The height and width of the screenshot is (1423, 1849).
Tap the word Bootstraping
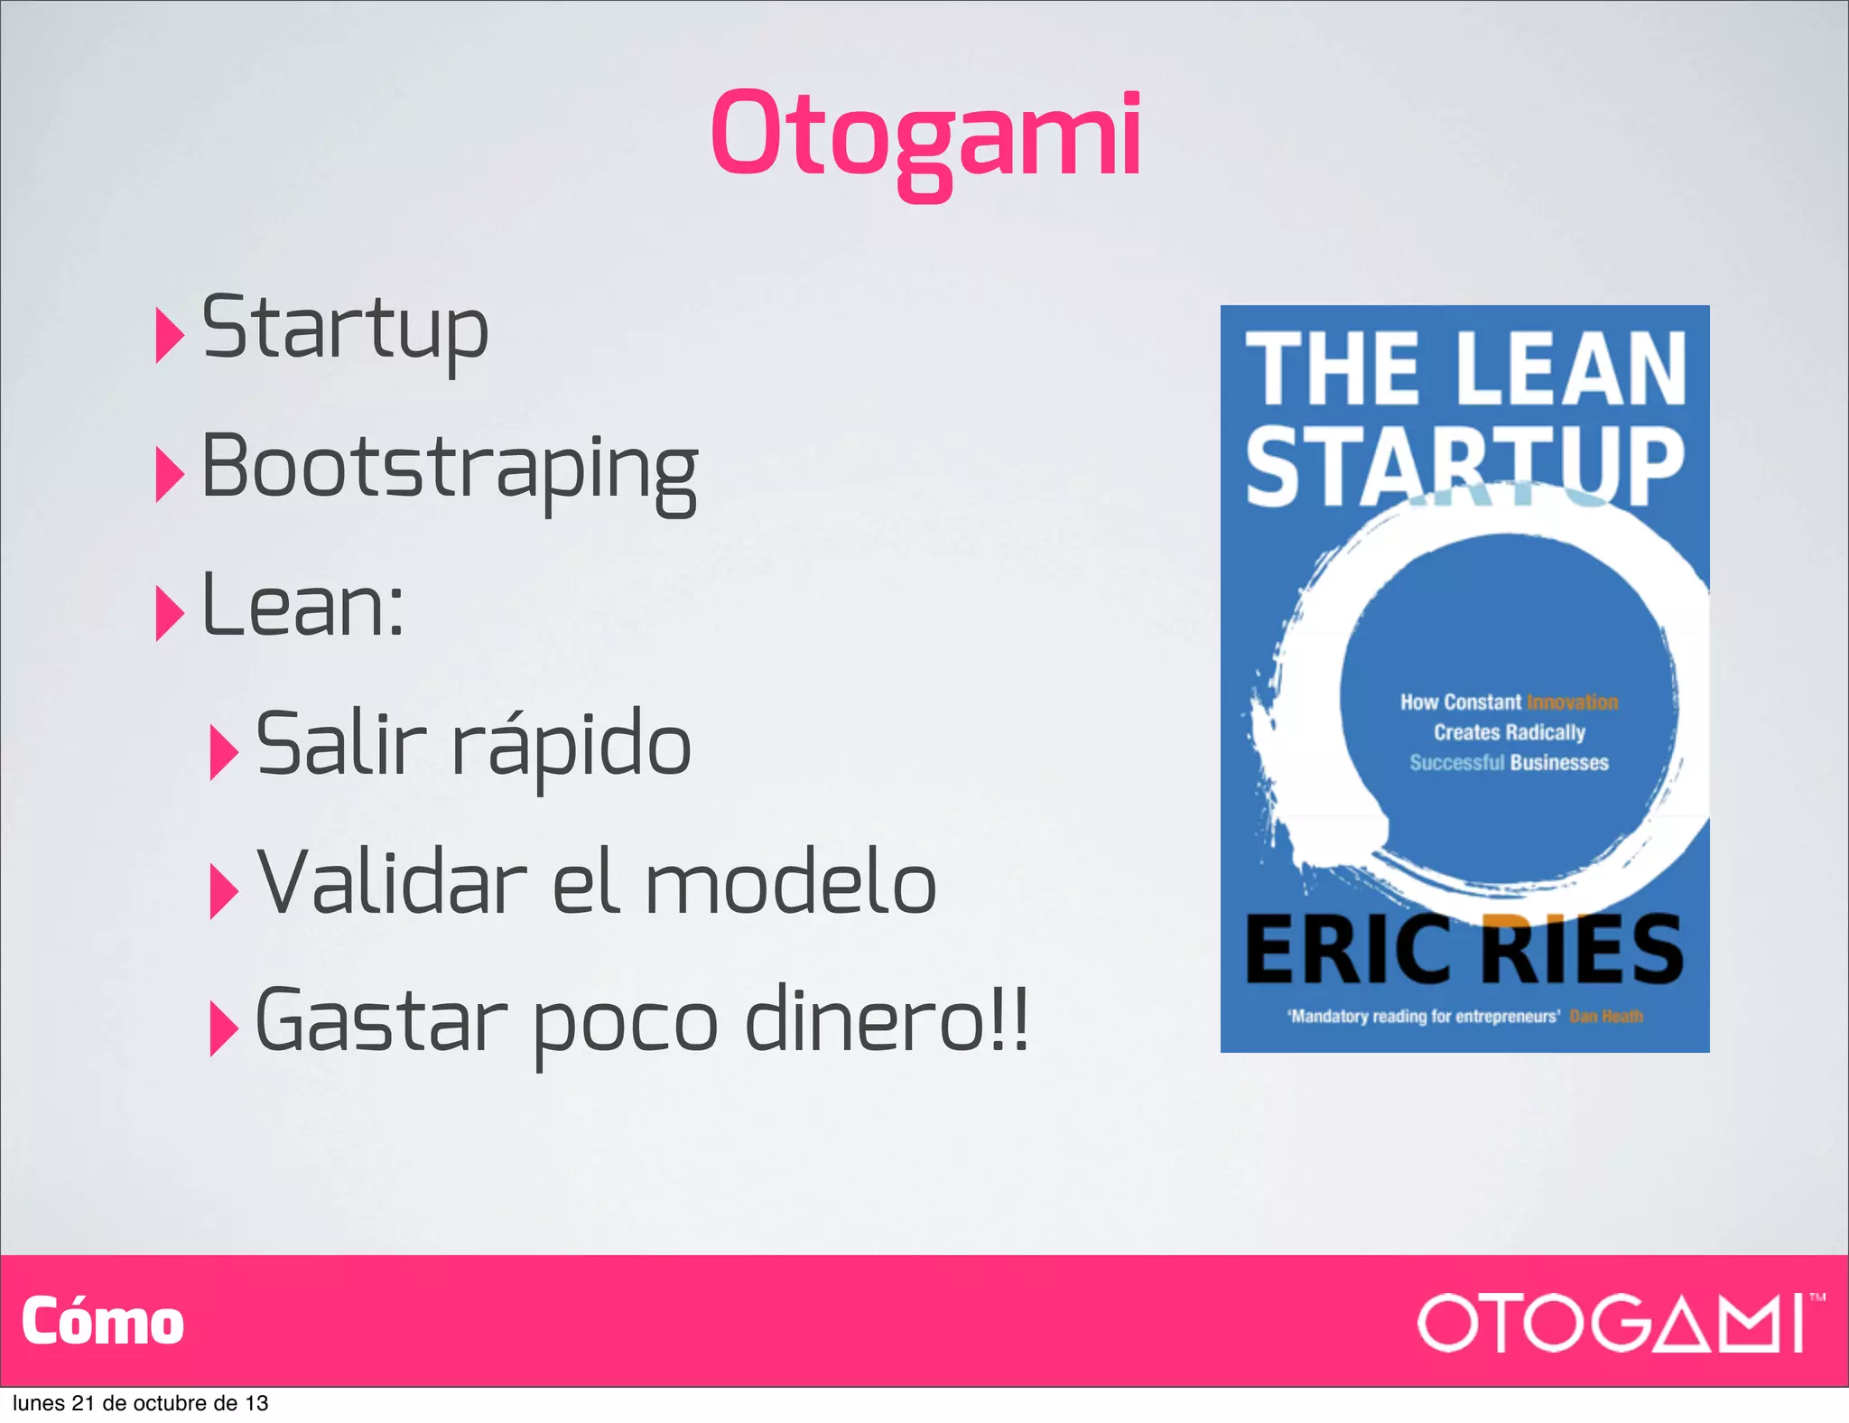(x=450, y=468)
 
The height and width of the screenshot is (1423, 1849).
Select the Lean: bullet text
(x=302, y=605)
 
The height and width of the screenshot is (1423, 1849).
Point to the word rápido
(x=571, y=746)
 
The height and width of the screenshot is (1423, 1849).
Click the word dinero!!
(x=887, y=1020)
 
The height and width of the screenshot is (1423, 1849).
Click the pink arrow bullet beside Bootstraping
(x=169, y=474)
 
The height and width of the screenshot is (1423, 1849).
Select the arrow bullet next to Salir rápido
(x=223, y=752)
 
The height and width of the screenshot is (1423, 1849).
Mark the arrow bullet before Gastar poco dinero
(x=223, y=1028)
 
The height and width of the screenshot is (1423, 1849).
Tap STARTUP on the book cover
(x=1464, y=466)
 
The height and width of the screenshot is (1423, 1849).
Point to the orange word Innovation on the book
(x=1572, y=702)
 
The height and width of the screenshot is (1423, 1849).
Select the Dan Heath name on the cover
(x=1606, y=1017)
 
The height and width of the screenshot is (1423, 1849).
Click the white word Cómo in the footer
(x=103, y=1322)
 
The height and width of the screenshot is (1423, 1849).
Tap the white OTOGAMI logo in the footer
(x=1615, y=1323)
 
